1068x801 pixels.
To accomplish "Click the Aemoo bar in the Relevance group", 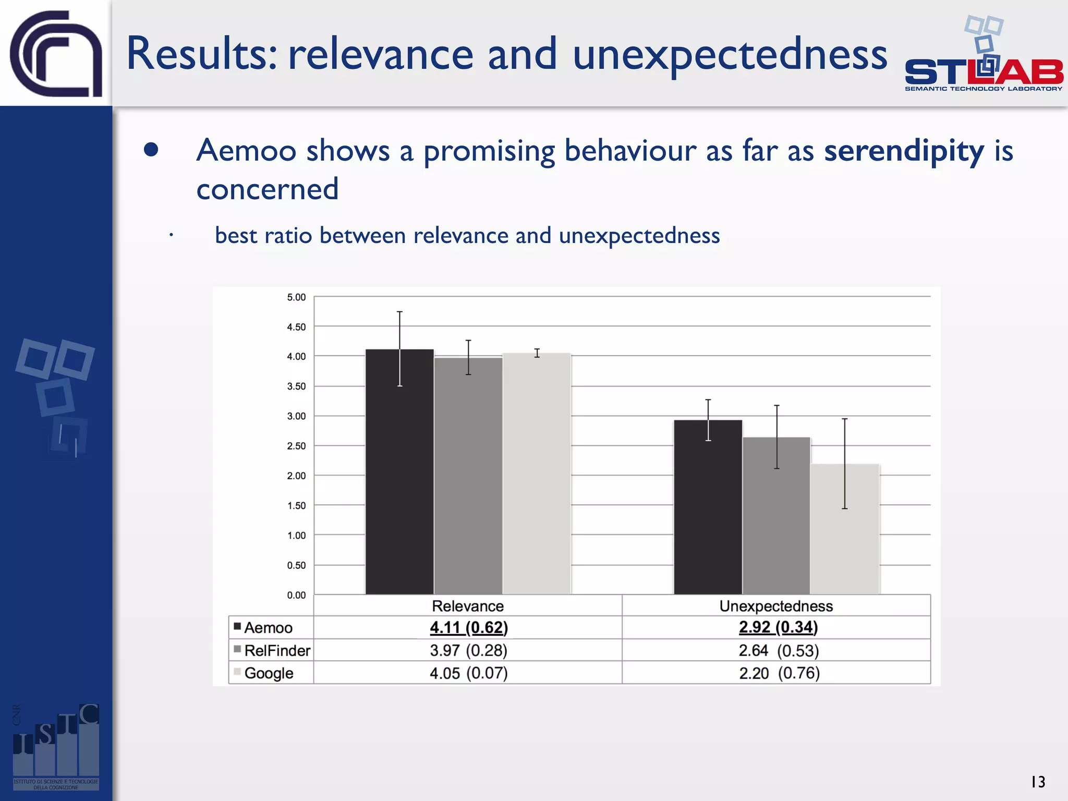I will coord(399,472).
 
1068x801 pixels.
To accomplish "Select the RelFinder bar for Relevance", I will coord(468,476).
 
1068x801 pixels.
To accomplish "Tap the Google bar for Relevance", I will coord(537,474).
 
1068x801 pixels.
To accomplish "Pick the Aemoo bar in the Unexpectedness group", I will coord(708,507).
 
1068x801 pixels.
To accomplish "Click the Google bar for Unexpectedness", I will coord(845,529).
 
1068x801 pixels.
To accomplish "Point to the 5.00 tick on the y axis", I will coord(296,297).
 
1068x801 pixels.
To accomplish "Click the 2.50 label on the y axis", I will coord(296,446).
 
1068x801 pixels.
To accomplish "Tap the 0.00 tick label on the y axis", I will coord(296,595).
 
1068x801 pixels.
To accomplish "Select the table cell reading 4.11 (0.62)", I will coord(468,627).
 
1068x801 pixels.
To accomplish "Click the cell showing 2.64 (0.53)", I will coord(779,650).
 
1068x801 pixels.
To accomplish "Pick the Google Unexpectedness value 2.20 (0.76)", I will coord(779,673).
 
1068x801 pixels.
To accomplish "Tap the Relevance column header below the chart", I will coord(468,606).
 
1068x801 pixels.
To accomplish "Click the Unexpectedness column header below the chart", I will coord(776,606).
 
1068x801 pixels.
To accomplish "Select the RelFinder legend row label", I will coord(277,650).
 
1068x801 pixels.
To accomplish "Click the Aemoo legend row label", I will coord(268,627).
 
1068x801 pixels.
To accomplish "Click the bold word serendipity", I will coord(904,151).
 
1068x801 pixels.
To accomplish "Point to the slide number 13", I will coord(1038,782).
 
